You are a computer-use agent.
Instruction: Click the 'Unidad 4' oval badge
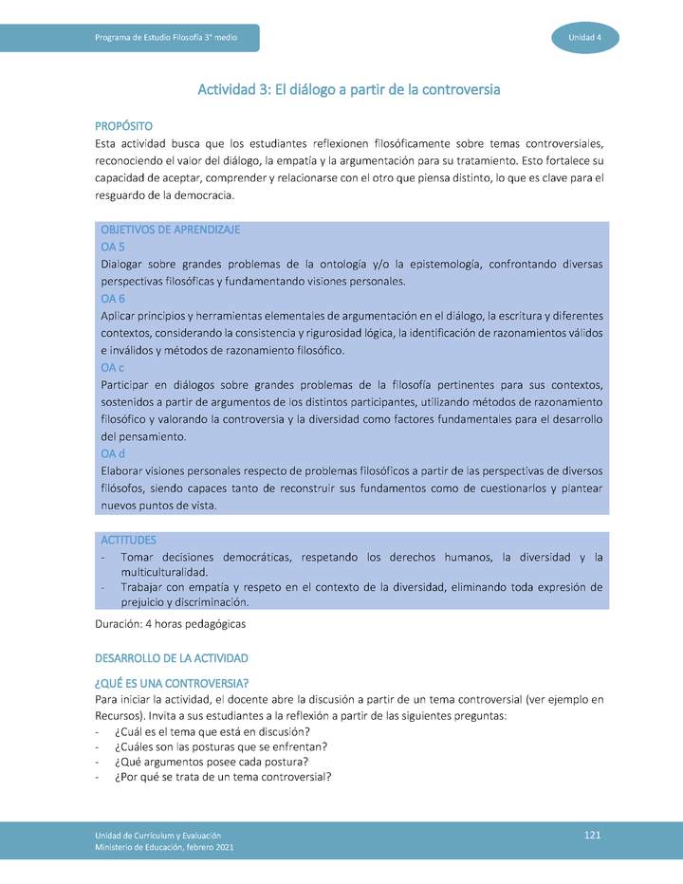click(585, 37)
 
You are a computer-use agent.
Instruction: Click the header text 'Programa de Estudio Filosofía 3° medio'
click(166, 37)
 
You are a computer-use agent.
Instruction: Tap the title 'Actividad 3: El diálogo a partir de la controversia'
click(348, 90)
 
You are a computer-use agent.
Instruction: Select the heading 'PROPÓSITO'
click(123, 126)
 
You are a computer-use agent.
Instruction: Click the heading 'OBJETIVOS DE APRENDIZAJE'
click(170, 230)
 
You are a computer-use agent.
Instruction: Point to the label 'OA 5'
click(113, 247)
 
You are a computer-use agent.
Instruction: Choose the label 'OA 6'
click(113, 298)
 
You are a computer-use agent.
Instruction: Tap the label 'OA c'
click(112, 367)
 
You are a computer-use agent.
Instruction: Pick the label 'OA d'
click(113, 453)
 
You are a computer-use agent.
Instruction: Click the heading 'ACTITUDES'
click(128, 540)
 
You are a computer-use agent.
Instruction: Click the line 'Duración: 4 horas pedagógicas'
click(171, 624)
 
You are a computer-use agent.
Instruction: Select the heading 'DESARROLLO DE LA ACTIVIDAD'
click(172, 658)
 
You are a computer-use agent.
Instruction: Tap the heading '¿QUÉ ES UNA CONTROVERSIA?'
click(172, 684)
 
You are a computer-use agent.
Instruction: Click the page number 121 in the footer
click(593, 834)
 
